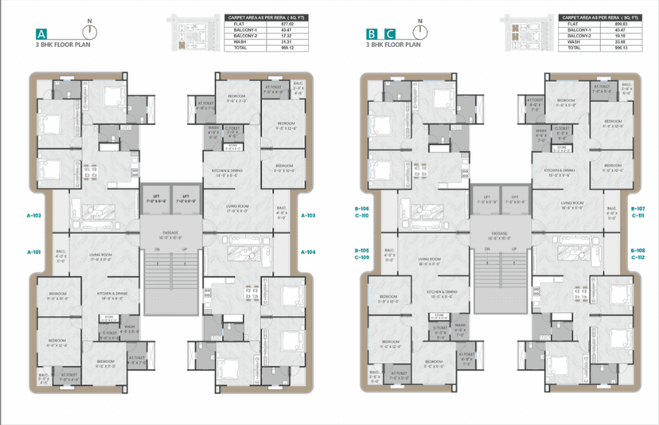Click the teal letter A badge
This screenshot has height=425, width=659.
coord(40,34)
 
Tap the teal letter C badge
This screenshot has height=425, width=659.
coord(389,34)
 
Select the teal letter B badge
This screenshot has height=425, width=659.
coord(372,34)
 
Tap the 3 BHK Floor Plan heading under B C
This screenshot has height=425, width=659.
coord(392,46)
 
